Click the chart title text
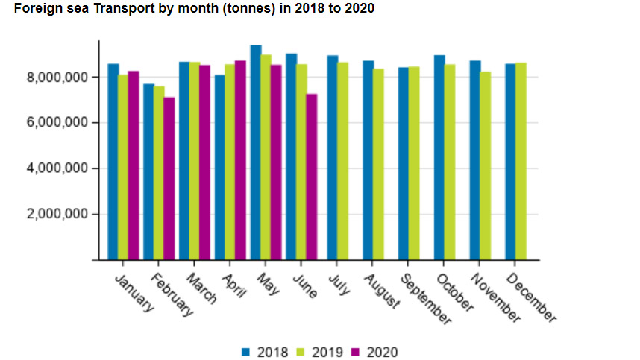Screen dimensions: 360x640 click(x=194, y=9)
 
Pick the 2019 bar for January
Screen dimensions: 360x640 click(x=123, y=168)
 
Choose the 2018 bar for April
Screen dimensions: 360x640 click(x=219, y=168)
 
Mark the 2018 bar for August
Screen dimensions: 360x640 click(x=368, y=161)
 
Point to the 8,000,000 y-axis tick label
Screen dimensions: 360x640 click(x=58, y=77)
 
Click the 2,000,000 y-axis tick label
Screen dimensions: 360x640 click(x=58, y=215)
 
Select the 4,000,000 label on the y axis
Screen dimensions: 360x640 click(x=58, y=168)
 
